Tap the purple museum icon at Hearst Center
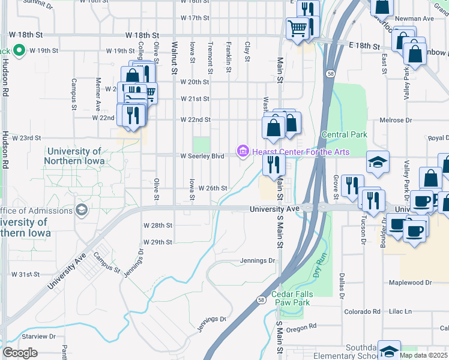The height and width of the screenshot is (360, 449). pyautogui.click(x=243, y=151)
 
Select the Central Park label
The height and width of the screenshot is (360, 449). pyautogui.click(x=344, y=135)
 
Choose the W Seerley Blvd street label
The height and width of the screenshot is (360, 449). pyautogui.click(x=202, y=156)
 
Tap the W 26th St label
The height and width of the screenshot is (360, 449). pyautogui.click(x=212, y=188)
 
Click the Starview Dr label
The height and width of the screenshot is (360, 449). pyautogui.click(x=35, y=337)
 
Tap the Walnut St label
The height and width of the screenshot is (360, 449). pyautogui.click(x=175, y=58)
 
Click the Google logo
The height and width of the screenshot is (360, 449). pyautogui.click(x=20, y=353)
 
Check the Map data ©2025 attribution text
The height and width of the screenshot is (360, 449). pyautogui.click(x=423, y=355)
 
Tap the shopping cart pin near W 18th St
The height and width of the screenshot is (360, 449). pyautogui.click(x=297, y=28)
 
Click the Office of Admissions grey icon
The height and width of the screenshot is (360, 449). pyautogui.click(x=80, y=210)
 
